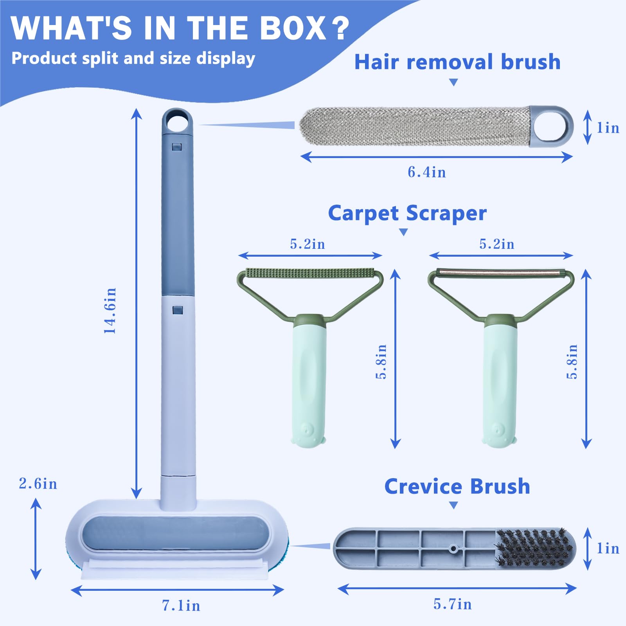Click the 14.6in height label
(110, 311)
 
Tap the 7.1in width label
(181, 605)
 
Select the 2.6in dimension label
(38, 484)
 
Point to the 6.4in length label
(427, 172)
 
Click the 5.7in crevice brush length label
(453, 604)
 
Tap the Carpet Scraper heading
(407, 213)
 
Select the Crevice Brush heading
(457, 486)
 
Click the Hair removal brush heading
(457, 62)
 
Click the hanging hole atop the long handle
(177, 122)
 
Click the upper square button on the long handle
(177, 147)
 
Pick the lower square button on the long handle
(178, 310)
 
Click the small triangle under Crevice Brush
(453, 505)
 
